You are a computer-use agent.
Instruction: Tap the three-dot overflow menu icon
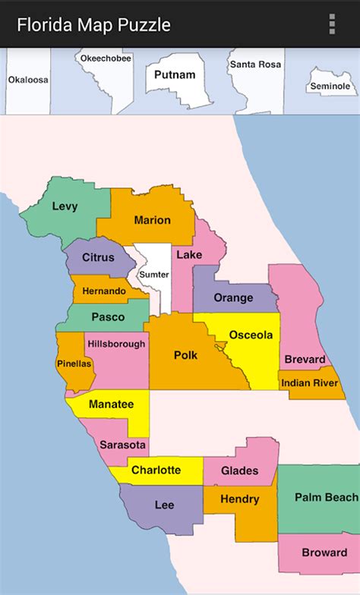tap(332, 24)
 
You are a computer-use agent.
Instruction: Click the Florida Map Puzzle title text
tap(93, 25)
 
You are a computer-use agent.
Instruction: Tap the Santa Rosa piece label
tap(255, 65)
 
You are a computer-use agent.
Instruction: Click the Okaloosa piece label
tap(27, 79)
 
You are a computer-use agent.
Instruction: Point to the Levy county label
tap(65, 206)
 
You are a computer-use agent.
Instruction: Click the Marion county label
tap(152, 220)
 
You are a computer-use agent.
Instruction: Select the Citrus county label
tap(98, 257)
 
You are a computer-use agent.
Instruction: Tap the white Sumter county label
tap(153, 274)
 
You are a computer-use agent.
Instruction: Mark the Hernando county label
tap(105, 291)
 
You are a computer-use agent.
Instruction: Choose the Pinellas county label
tap(74, 364)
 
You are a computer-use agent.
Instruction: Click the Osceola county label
tap(251, 335)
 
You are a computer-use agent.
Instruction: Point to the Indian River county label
tap(309, 383)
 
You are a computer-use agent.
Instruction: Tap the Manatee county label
tap(111, 405)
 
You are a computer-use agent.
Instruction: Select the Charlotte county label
tap(156, 471)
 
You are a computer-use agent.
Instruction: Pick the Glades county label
tap(239, 471)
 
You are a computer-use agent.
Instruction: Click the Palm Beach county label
tap(327, 498)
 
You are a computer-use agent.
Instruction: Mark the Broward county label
tap(324, 552)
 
